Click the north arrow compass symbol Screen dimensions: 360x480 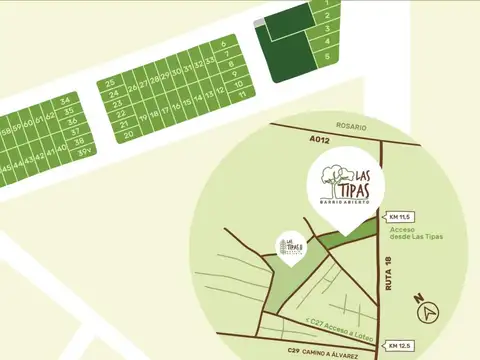coord(429,312)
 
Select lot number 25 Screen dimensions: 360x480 coord(110,82)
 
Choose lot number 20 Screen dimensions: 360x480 coord(127,132)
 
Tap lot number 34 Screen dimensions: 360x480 coord(65,101)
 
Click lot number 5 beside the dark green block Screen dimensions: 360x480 coord(326,58)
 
